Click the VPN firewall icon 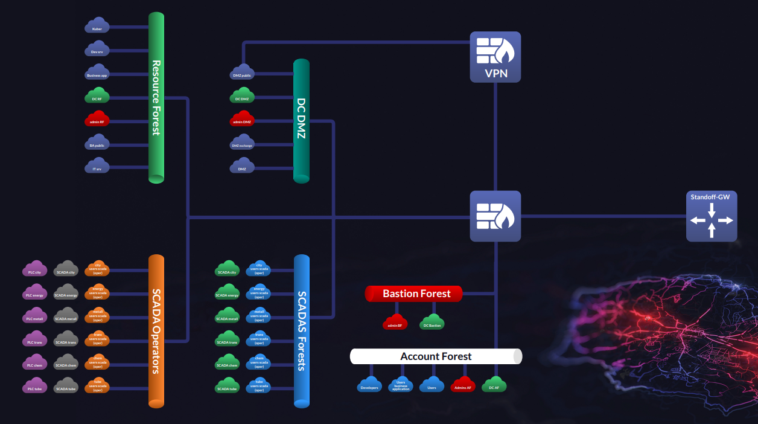[495, 56]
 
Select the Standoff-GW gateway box [712, 216]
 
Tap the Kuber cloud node [97, 27]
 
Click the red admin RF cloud [97, 120]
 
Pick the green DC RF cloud [97, 97]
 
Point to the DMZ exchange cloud [242, 144]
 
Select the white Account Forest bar [436, 356]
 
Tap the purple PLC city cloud [34, 270]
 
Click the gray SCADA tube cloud [66, 387]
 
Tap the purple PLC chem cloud [34, 363]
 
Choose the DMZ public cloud [242, 73]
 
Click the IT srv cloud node [97, 167]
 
